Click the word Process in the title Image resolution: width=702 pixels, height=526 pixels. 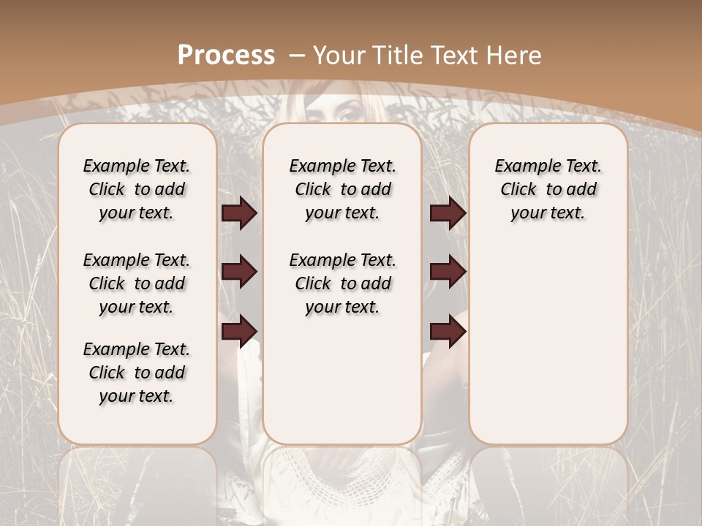click(x=226, y=55)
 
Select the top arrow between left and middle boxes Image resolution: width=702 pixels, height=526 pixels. click(x=239, y=213)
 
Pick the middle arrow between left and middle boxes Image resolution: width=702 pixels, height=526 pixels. click(x=239, y=272)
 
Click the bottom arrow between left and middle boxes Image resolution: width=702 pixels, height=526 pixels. click(x=239, y=330)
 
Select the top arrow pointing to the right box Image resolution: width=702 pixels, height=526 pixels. click(x=448, y=213)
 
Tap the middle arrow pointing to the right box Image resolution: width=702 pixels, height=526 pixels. click(x=448, y=272)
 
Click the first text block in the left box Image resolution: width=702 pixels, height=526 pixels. click(x=137, y=189)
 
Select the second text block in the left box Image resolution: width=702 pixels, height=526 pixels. click(x=137, y=283)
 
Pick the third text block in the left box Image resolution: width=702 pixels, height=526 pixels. click(x=137, y=373)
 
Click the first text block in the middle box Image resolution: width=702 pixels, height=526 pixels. click(x=342, y=189)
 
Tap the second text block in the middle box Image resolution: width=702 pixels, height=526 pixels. click(x=342, y=283)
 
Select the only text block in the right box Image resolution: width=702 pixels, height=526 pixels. click(x=548, y=189)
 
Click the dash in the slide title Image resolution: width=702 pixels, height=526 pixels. click(x=297, y=55)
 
